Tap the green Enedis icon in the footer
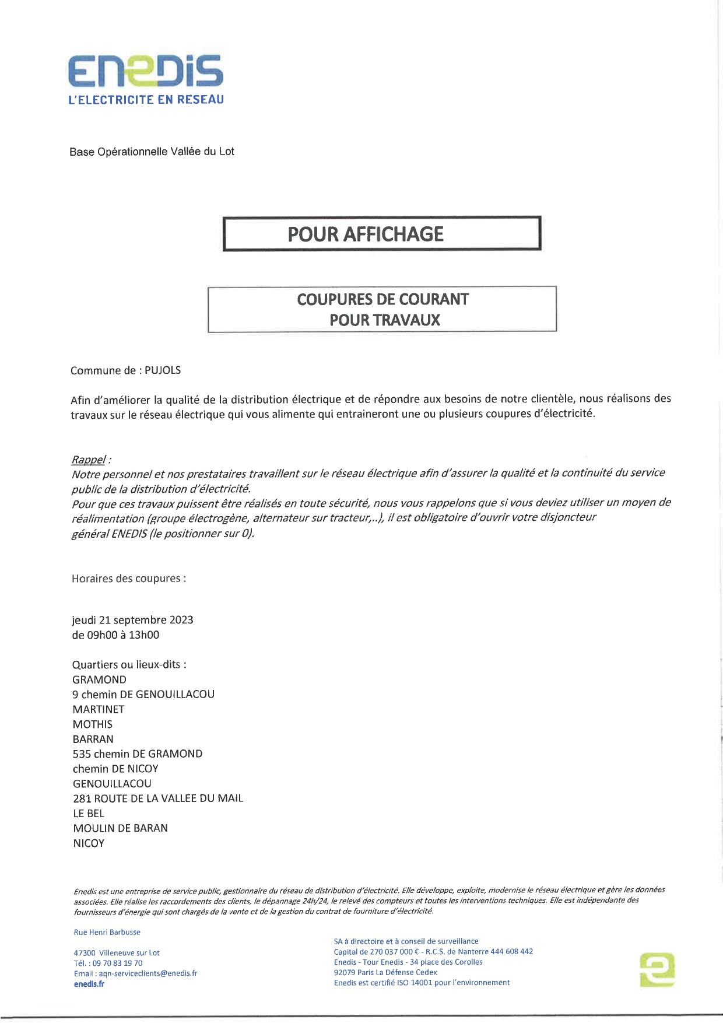(x=657, y=970)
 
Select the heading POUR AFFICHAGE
(x=366, y=234)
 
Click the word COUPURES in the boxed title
(x=335, y=300)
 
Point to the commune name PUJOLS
(x=163, y=370)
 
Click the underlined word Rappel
(x=89, y=460)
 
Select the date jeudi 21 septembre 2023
(x=132, y=620)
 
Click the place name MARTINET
(x=99, y=709)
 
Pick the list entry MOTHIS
(x=93, y=724)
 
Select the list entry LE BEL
(x=89, y=813)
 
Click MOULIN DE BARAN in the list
(x=120, y=828)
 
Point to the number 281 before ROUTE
(x=82, y=798)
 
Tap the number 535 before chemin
(x=82, y=754)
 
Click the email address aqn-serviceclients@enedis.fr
(x=148, y=973)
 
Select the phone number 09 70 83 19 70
(x=117, y=963)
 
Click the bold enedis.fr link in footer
(x=89, y=984)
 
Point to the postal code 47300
(x=85, y=953)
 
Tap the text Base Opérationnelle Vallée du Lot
(x=152, y=152)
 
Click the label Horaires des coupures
(x=128, y=579)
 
